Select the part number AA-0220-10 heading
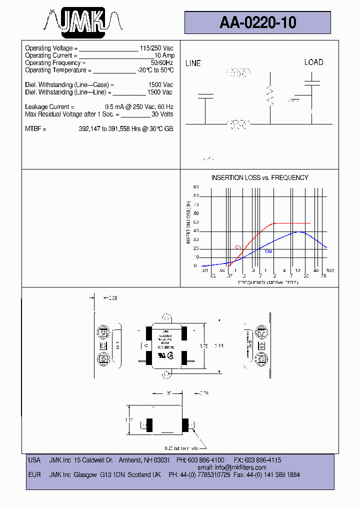257,22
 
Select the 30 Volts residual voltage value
162,114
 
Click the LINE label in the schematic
193,63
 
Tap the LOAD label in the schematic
313,62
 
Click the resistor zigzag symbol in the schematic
270,95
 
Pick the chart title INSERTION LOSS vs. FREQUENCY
259,177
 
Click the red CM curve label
238,247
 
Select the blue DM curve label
268,251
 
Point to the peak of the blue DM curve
298,232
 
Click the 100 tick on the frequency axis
329,270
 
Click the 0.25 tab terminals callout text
184,448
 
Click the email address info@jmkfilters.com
239,467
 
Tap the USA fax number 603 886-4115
264,460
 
